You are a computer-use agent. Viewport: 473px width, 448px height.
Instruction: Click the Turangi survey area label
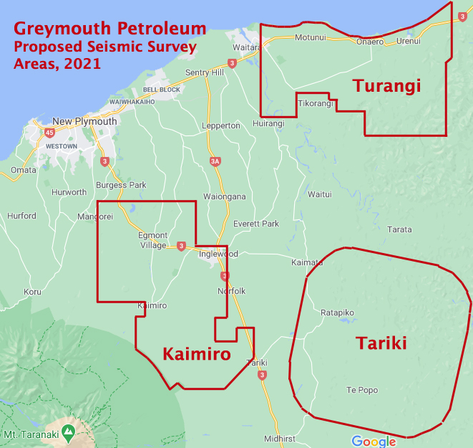tap(386, 87)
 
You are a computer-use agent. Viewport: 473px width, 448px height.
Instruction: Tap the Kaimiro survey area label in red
tap(196, 353)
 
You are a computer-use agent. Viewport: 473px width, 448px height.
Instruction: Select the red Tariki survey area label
tap(381, 343)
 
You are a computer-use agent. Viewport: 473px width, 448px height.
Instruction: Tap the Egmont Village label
tap(152, 240)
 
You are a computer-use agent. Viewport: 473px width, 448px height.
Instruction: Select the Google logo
tap(374, 441)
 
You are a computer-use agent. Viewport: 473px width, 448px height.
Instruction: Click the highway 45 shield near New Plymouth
tap(49, 133)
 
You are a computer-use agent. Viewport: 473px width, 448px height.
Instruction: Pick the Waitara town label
tap(245, 47)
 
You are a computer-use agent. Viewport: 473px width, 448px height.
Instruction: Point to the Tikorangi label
tap(315, 104)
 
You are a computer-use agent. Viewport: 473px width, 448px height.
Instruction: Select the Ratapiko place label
tap(338, 313)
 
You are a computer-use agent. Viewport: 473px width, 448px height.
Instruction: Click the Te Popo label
tap(361, 390)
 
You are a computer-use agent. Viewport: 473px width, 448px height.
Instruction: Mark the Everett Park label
tap(256, 224)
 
